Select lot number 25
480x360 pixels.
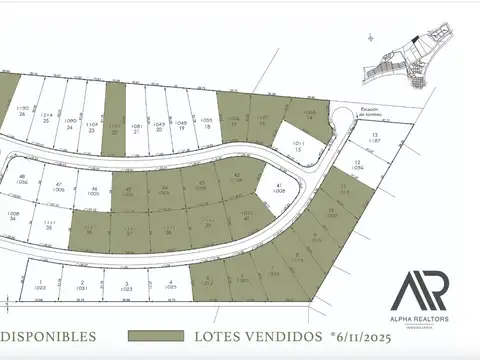pos(46,118)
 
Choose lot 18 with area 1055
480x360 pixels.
pos(206,122)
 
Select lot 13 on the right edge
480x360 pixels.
pos(375,138)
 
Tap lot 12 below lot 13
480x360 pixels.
pos(357,165)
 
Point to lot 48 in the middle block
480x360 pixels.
pos(22,180)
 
